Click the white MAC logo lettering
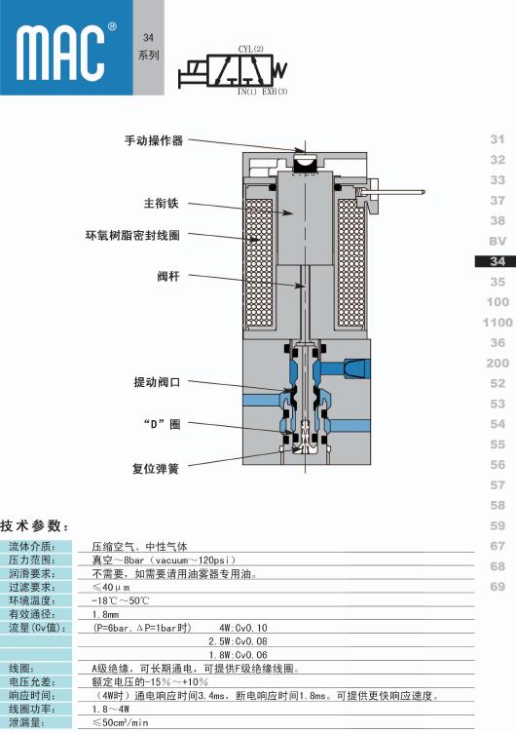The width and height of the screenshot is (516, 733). [x=59, y=53]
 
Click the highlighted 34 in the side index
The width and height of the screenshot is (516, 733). [x=498, y=261]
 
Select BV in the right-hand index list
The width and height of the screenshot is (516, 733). [x=498, y=241]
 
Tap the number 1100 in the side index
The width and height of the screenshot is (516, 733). [x=498, y=322]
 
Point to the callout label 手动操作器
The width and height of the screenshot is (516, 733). [x=154, y=140]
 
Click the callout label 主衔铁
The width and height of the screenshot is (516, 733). [x=161, y=204]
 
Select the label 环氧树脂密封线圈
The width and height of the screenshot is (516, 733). [x=132, y=235]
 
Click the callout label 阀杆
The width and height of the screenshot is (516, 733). [x=168, y=276]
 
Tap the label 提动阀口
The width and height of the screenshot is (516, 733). [x=157, y=382]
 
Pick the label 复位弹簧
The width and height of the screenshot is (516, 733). [x=156, y=469]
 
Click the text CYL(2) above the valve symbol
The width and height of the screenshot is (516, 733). [x=251, y=49]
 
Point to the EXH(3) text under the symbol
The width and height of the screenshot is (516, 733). [x=275, y=92]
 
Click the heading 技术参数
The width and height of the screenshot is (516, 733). [x=34, y=526]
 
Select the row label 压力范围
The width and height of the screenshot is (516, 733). [x=32, y=559]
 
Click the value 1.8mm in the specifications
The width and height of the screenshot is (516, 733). [x=105, y=614]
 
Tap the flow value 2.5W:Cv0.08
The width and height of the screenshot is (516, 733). [x=238, y=641]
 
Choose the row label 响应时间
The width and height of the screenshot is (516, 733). [x=32, y=695]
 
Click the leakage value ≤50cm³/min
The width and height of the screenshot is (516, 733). [x=120, y=722]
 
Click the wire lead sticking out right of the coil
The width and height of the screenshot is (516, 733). [x=399, y=191]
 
